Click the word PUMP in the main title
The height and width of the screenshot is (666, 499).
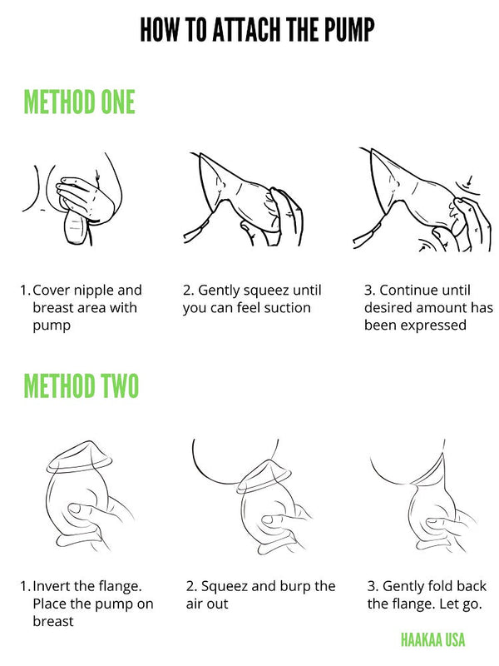(x=349, y=29)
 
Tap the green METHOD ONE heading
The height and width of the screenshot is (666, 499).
(x=79, y=102)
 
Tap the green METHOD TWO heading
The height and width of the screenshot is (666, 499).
(x=81, y=385)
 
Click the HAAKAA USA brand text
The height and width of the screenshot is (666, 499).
(x=432, y=639)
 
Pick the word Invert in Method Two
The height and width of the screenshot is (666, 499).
(x=51, y=586)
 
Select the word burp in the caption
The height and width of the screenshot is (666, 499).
(x=296, y=588)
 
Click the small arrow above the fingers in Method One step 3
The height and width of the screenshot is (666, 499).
(x=469, y=181)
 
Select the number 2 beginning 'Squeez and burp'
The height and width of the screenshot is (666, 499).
(x=190, y=586)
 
